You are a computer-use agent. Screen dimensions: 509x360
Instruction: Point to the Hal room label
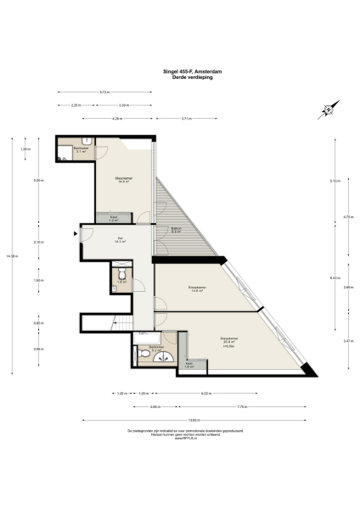pyautogui.click(x=120, y=239)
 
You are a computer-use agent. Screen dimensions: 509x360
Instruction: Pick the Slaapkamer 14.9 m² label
pyautogui.click(x=123, y=180)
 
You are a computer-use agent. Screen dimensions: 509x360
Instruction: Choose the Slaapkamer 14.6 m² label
pyautogui.click(x=197, y=289)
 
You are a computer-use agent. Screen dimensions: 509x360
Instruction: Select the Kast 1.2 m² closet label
pyautogui.click(x=115, y=218)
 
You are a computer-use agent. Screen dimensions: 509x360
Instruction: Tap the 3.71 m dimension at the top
pyautogui.click(x=186, y=119)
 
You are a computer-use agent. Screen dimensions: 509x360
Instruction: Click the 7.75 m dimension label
pyautogui.click(x=241, y=406)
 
